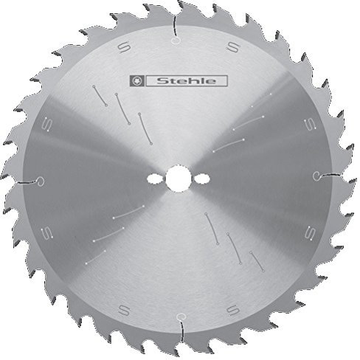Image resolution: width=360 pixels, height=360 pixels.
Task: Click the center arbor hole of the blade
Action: (x=177, y=179)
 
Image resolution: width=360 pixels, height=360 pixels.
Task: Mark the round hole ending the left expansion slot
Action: (x=42, y=182)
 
